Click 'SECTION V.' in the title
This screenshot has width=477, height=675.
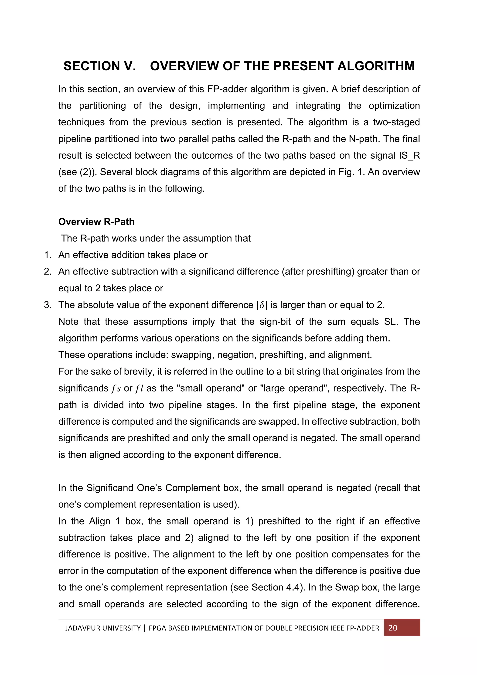point(100,66)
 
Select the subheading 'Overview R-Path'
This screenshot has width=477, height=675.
point(96,222)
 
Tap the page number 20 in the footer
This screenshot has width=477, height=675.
point(393,628)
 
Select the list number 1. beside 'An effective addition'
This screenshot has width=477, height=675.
point(48,255)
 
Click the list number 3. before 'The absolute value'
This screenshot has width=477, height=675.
point(48,305)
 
